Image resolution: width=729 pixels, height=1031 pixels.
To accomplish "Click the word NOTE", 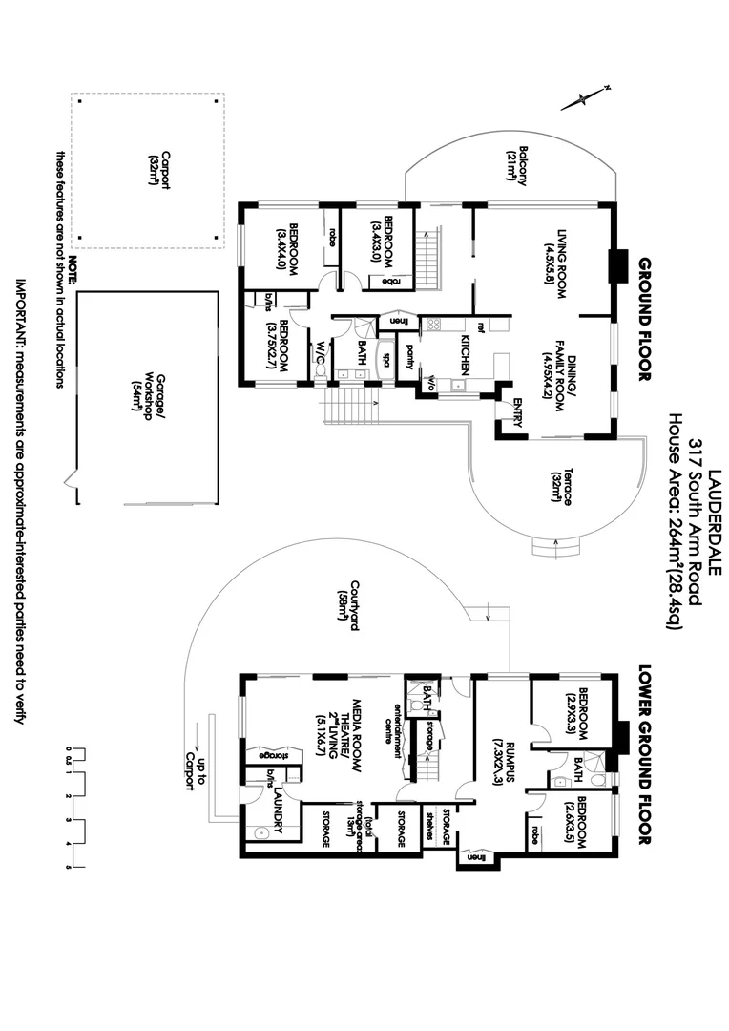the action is [73, 264].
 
